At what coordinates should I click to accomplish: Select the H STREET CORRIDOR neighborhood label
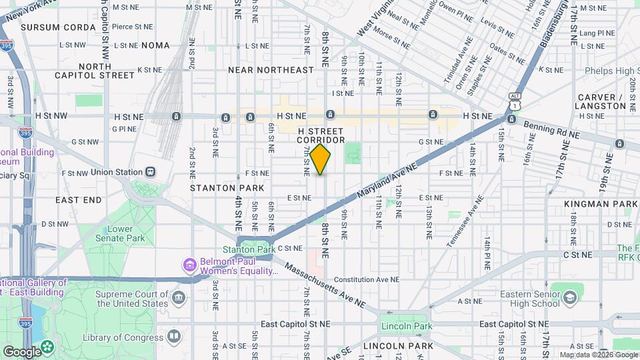pos(321,135)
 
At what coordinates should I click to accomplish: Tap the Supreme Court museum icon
pos(178,297)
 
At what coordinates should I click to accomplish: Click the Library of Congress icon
pos(173,336)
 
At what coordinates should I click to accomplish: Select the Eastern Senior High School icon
pos(570,297)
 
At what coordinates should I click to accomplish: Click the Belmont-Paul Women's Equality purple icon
pos(190,266)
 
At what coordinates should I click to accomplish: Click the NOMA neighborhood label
pos(157,45)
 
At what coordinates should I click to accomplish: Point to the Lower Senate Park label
pos(126,233)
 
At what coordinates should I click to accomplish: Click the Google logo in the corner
pos(21,351)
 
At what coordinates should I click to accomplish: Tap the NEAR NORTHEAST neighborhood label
pos(270,70)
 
